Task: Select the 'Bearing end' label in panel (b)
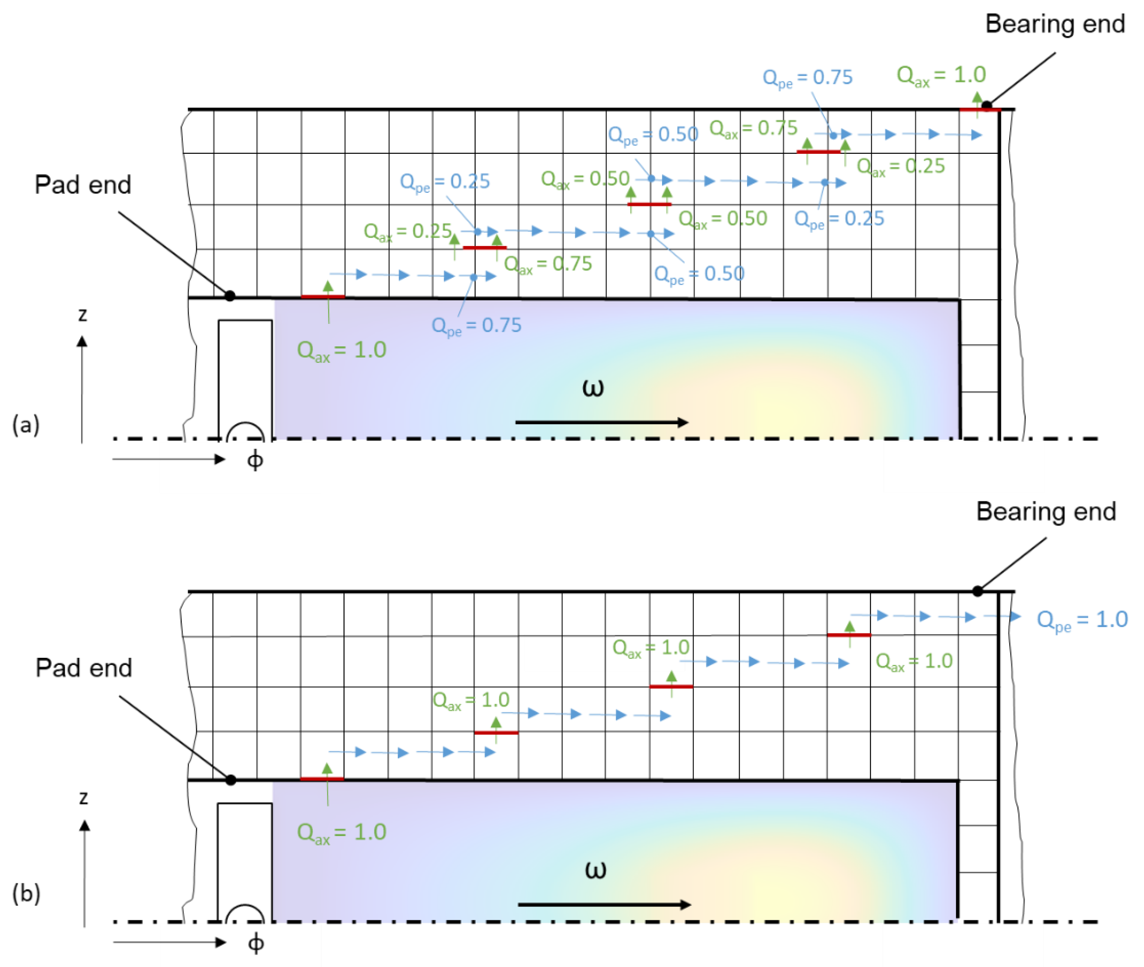[1045, 511]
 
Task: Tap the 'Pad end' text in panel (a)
[83, 185]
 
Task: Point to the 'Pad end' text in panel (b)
[84, 668]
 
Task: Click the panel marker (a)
[26, 425]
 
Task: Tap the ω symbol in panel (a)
[593, 388]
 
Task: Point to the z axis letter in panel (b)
[83, 797]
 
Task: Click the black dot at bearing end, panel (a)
[986, 105]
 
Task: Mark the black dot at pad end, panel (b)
[231, 779]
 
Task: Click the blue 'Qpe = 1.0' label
[1082, 620]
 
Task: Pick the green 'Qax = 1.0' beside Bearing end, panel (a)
[941, 75]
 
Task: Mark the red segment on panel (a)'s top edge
[980, 110]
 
